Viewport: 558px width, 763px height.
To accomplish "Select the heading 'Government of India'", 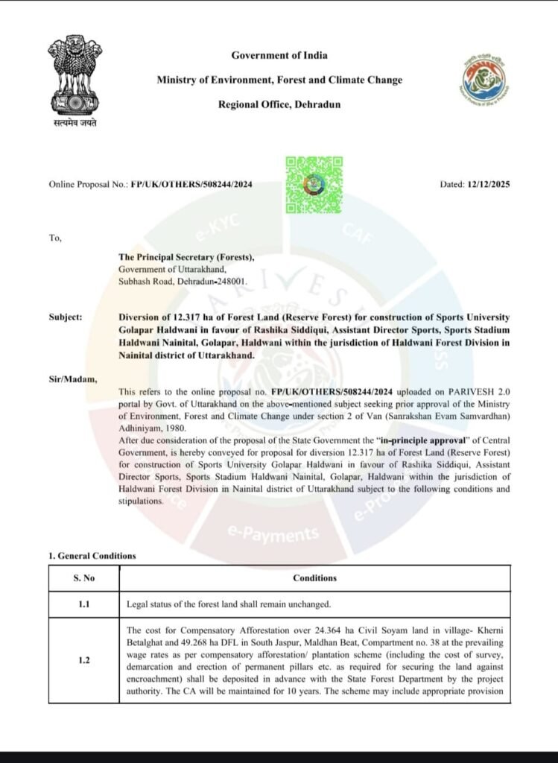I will click(x=279, y=55).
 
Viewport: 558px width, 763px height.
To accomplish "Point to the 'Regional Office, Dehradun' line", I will click(x=279, y=104).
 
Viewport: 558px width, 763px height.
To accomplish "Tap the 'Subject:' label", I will click(x=65, y=317).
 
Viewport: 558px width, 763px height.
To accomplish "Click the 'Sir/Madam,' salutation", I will click(x=73, y=379).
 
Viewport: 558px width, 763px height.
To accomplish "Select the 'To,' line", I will click(x=54, y=238).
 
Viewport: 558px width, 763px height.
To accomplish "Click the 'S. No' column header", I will click(x=83, y=578).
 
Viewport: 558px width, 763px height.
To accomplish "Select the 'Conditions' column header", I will click(x=314, y=578).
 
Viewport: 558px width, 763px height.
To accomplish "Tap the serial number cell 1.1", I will click(x=83, y=604).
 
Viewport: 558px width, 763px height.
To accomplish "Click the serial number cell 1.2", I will click(x=83, y=659).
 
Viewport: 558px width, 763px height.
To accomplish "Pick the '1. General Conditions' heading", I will click(x=92, y=556).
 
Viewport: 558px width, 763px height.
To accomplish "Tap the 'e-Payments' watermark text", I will click(x=273, y=534).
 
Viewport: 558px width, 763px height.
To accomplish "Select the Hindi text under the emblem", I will click(x=74, y=121).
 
